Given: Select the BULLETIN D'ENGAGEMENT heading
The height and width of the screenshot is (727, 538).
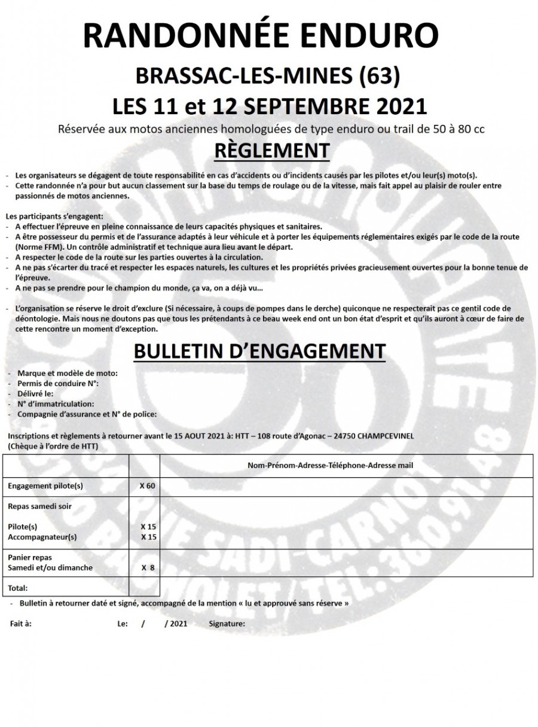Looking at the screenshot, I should pos(259,352).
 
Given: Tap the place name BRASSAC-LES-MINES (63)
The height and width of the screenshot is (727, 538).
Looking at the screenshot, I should pos(267,77).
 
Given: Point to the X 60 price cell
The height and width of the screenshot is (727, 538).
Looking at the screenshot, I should pos(147,486).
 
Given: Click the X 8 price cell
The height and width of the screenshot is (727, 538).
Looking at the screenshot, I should pos(148,568).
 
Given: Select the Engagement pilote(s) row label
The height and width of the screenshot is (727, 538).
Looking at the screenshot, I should pos(45,486).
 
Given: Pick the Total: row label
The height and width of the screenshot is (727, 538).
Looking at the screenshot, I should pos(18,588).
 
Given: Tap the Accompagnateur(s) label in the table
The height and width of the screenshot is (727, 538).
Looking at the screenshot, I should pos(42,537).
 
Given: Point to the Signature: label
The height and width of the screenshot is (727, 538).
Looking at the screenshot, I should pos(227,624).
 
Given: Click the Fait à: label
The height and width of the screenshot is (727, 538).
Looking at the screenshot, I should pos(21,624).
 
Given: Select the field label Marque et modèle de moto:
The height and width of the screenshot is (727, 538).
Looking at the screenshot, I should pos(68,373).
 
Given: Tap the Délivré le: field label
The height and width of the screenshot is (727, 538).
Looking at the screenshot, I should pos(36,393).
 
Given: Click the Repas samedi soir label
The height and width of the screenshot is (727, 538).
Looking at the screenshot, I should pos(39,506).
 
